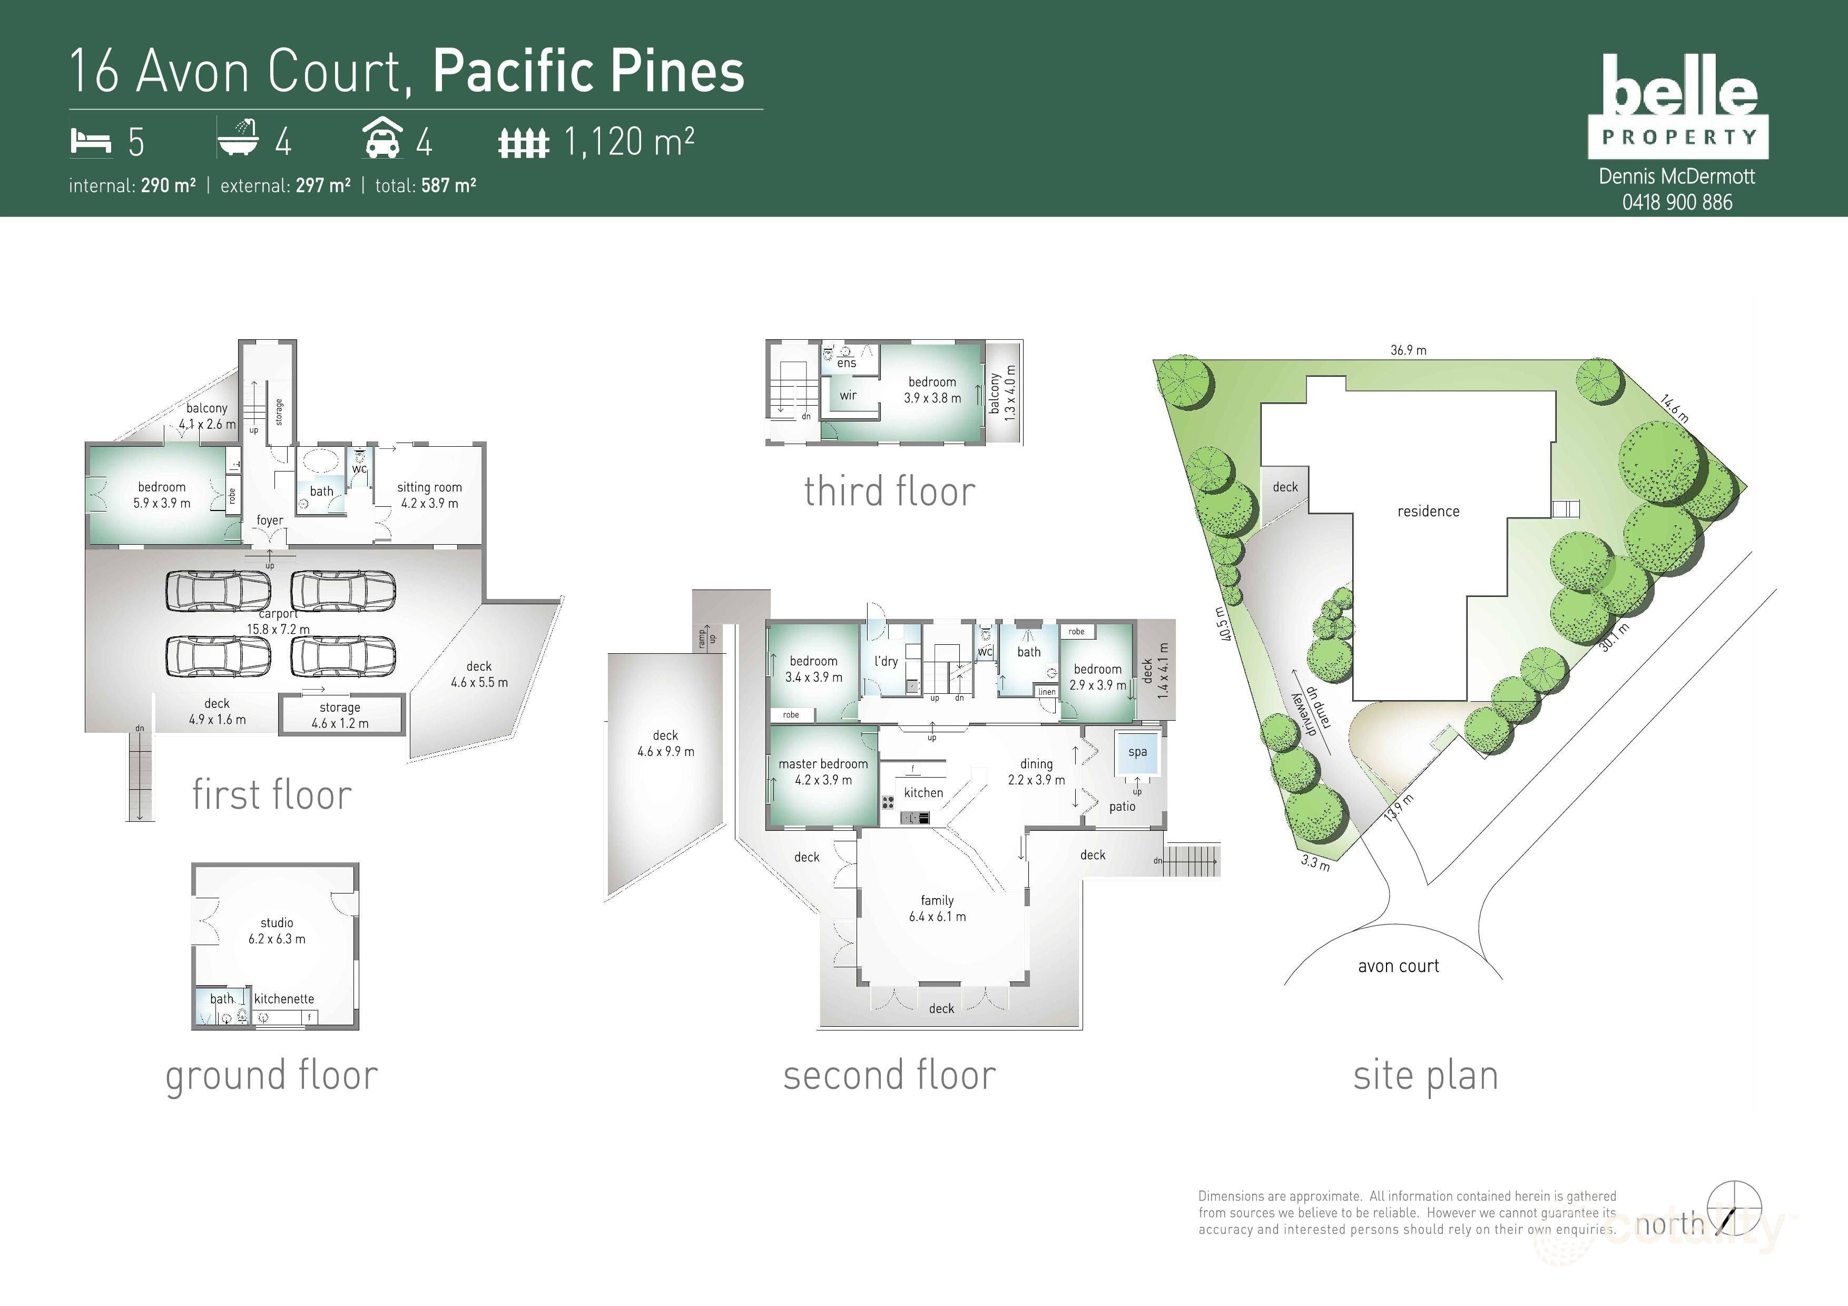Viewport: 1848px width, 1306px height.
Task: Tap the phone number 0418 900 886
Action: point(1677,202)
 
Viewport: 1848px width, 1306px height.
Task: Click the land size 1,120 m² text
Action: point(628,142)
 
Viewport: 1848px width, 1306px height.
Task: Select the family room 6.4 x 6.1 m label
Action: point(937,908)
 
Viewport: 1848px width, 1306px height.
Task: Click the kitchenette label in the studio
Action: point(284,999)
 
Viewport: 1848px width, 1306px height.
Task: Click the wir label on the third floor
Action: point(848,395)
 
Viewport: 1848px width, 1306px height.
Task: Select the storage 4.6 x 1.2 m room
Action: point(340,714)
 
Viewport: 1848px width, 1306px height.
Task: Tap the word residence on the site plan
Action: point(1428,511)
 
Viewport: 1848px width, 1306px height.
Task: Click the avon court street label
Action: point(1398,966)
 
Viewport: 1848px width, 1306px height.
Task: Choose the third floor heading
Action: point(889,491)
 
